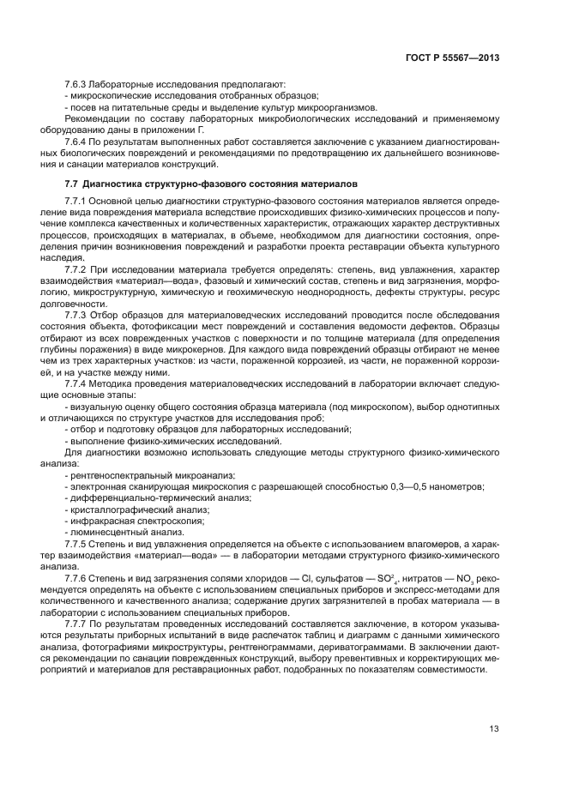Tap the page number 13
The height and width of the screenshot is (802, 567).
[494, 729]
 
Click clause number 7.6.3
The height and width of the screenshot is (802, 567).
[78, 86]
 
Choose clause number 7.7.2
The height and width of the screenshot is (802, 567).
[78, 269]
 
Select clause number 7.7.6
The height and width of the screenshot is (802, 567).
[78, 578]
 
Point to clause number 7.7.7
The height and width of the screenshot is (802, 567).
[78, 624]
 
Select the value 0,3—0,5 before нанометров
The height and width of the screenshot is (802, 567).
[413, 486]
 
